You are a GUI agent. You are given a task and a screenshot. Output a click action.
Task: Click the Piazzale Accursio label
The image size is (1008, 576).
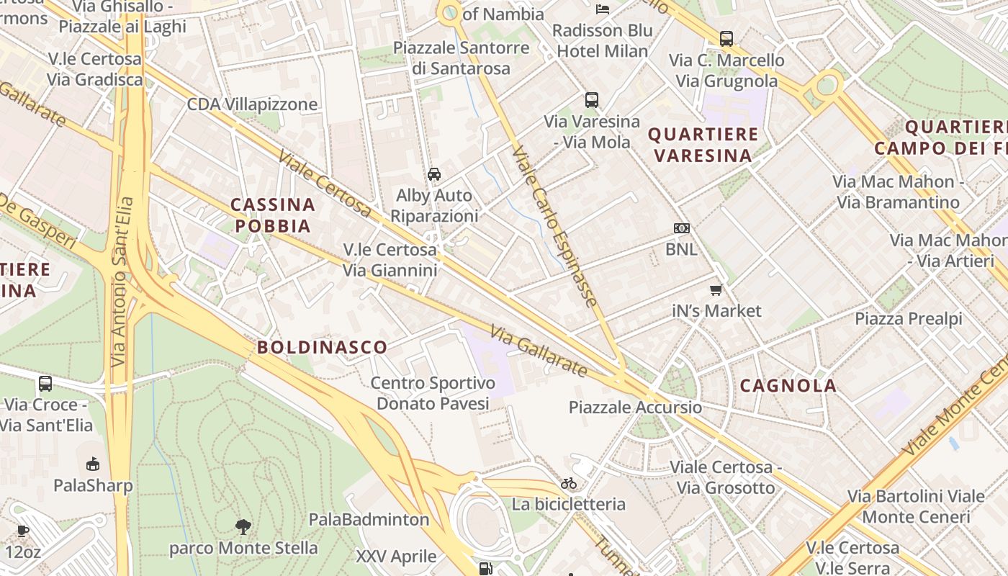tap(635, 408)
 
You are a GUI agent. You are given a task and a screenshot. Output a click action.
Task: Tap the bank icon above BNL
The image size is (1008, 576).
tap(681, 228)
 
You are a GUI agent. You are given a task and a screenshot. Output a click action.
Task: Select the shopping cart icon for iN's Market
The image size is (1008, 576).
tap(716, 290)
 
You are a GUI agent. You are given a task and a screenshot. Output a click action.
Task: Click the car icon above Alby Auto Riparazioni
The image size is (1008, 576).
tap(434, 174)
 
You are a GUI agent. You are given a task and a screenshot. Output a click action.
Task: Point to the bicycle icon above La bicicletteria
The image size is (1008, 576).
tap(569, 483)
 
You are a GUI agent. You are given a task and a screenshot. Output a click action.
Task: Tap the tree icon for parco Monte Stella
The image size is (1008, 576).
tap(243, 527)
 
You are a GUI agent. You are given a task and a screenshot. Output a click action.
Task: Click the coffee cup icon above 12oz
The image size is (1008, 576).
tap(23, 531)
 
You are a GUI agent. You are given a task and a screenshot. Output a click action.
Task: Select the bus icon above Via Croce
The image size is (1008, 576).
tap(45, 384)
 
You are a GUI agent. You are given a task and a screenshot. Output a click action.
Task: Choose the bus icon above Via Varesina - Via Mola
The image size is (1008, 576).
tap(592, 100)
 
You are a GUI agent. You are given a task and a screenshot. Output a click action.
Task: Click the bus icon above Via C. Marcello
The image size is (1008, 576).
tap(726, 39)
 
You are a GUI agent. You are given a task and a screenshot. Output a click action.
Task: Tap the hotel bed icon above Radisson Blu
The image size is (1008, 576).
tap(603, 9)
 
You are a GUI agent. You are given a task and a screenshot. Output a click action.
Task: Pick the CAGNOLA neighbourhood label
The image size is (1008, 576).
tap(788, 386)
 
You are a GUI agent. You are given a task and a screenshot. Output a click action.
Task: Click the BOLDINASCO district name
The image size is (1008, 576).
tap(323, 347)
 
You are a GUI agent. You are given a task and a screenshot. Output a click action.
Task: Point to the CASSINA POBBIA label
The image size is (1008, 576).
tap(273, 215)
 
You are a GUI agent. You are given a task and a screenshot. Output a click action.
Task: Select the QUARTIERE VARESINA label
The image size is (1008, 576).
tap(703, 145)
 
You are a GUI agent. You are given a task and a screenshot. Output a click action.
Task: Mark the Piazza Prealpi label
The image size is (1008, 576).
tap(909, 318)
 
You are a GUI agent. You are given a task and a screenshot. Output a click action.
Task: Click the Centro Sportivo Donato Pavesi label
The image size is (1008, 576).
tap(433, 393)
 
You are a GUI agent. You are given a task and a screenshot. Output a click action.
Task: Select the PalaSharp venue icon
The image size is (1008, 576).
tap(92, 464)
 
